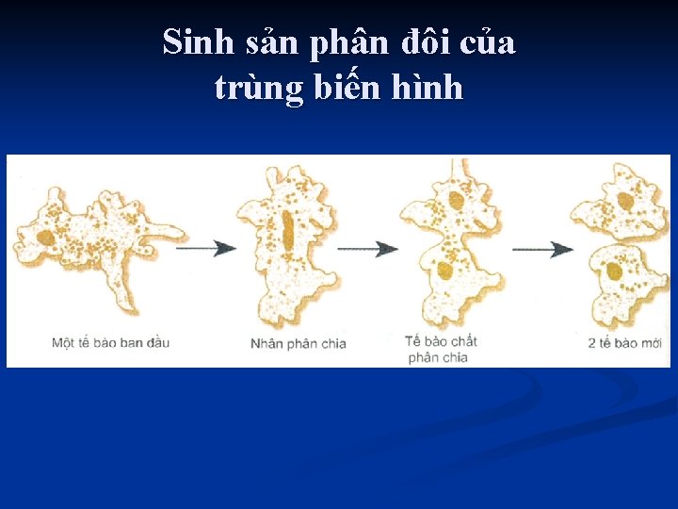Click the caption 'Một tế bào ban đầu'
[110, 342]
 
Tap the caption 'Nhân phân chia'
[299, 343]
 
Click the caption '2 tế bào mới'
[624, 343]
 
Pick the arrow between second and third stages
[368, 249]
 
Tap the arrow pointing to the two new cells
[543, 249]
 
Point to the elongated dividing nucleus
[288, 233]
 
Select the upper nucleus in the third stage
[456, 200]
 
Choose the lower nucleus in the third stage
[445, 271]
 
